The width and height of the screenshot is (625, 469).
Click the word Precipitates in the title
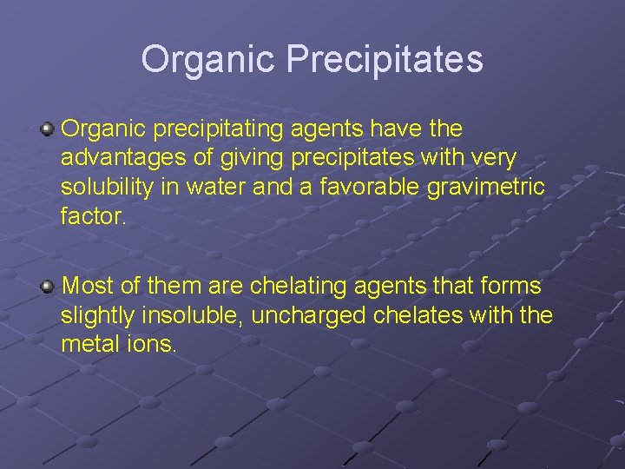coord(385,60)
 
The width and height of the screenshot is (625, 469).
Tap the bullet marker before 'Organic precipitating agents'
coord(49,129)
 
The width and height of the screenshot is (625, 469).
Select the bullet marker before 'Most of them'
coord(49,286)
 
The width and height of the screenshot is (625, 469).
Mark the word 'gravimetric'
coord(489,187)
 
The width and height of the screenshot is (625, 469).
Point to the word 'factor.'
coord(94,215)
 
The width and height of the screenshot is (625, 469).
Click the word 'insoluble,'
coord(202,314)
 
